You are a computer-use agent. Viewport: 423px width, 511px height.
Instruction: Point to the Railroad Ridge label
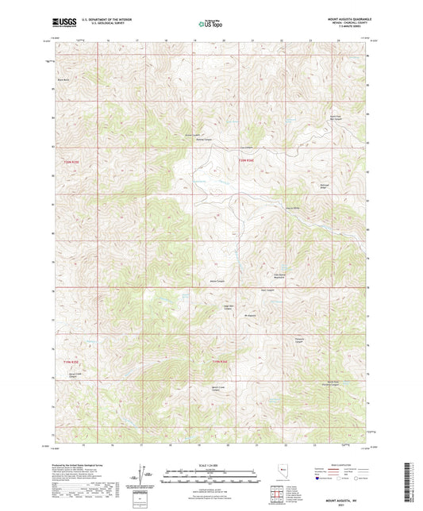point(346,186)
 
